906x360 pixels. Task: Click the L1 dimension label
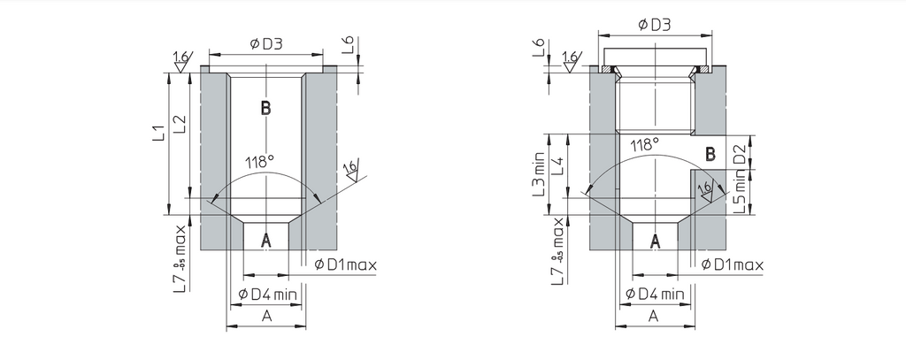(158, 134)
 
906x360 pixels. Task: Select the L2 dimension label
(180, 123)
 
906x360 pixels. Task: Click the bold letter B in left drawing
(265, 109)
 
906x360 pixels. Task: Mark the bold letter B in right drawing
(710, 154)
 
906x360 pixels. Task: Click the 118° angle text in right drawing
(645, 144)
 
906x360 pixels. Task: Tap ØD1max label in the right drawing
(732, 264)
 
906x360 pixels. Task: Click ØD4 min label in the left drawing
(269, 294)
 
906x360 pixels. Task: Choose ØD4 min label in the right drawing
(656, 294)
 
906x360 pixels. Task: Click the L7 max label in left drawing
(180, 258)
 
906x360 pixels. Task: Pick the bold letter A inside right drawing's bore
(656, 240)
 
